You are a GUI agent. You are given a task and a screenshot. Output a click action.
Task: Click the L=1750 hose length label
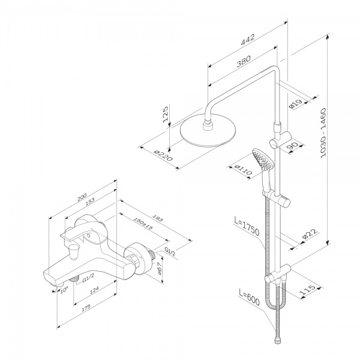tap(246, 230)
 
